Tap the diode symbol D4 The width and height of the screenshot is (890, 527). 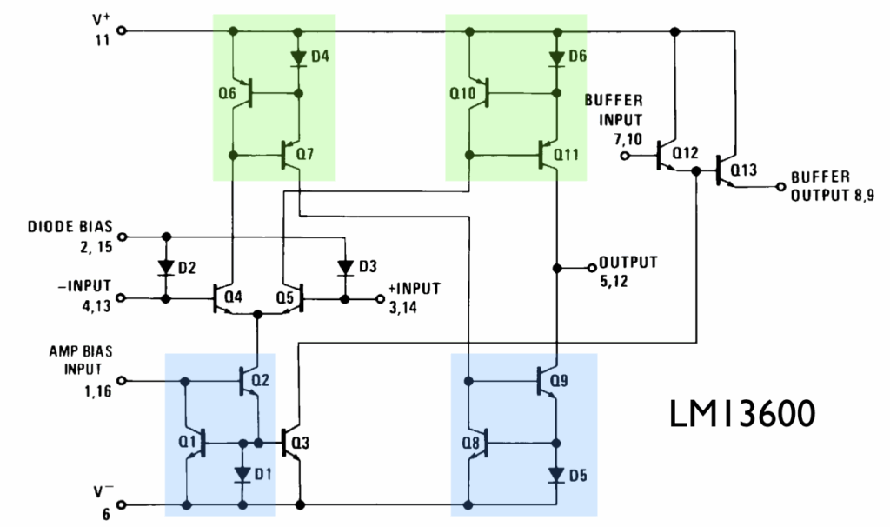[x=299, y=58]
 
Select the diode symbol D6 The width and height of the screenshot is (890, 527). [x=555, y=58]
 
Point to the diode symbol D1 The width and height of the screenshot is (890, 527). [x=242, y=474]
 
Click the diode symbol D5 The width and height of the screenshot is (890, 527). [x=555, y=475]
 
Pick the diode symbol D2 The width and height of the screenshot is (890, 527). [x=165, y=266]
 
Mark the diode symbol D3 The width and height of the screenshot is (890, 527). [x=345, y=266]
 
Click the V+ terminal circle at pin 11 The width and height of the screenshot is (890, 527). [x=122, y=30]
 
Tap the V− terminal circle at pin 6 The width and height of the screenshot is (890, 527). [x=122, y=504]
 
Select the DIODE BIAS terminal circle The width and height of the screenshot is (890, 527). [x=122, y=236]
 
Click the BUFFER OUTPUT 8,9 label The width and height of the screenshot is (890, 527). [x=832, y=185]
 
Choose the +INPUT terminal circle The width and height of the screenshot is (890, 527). [x=379, y=298]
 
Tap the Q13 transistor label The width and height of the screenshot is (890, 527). [x=745, y=169]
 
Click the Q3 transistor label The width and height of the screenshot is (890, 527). [x=300, y=442]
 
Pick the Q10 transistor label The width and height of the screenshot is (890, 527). [x=462, y=91]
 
